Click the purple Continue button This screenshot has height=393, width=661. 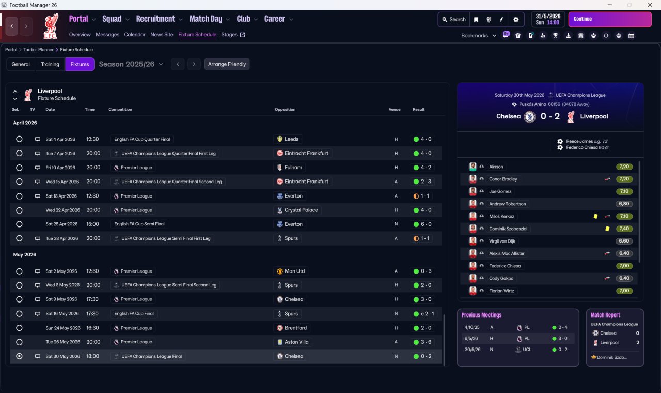pyautogui.click(x=609, y=19)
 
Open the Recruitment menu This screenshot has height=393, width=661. pyautogui.click(x=155, y=19)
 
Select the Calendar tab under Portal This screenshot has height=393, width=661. pyautogui.click(x=135, y=35)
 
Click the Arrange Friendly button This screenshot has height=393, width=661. pyautogui.click(x=227, y=64)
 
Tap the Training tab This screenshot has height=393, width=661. pyautogui.click(x=50, y=64)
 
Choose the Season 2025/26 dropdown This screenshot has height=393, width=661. pyautogui.click(x=131, y=64)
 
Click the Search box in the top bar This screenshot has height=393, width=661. pyautogui.click(x=453, y=19)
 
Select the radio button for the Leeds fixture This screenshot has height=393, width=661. pyautogui.click(x=19, y=139)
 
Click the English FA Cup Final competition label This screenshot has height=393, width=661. pyautogui.click(x=134, y=314)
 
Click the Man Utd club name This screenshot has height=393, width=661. pyautogui.click(x=294, y=271)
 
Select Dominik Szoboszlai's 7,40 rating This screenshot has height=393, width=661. pyautogui.click(x=624, y=229)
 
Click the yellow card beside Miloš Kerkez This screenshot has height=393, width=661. pyautogui.click(x=595, y=216)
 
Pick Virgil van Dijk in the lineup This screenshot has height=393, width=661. pyautogui.click(x=502, y=241)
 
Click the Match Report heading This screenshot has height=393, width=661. pyautogui.click(x=605, y=315)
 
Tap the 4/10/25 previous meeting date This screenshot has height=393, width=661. pyautogui.click(x=471, y=327)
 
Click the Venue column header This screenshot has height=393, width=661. pyautogui.click(x=395, y=110)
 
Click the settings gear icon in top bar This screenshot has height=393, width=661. pyautogui.click(x=515, y=19)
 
